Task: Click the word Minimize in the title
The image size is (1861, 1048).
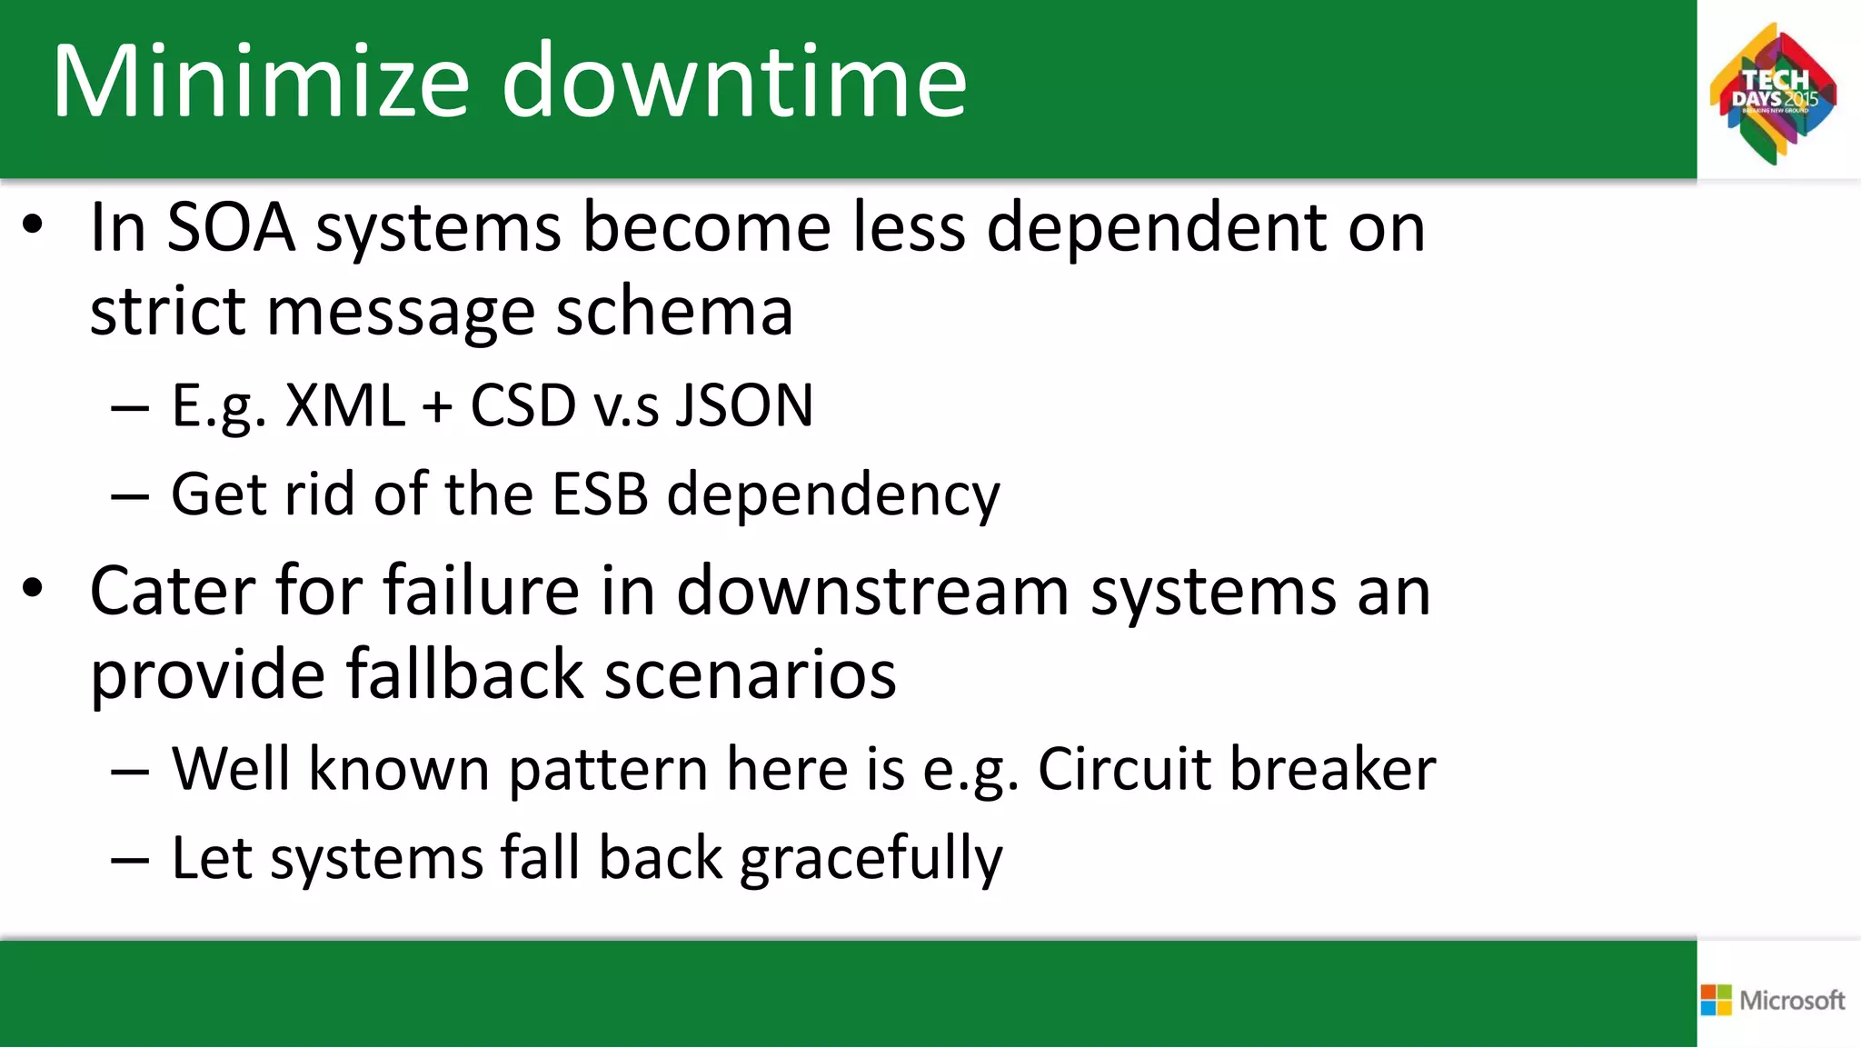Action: [261, 82]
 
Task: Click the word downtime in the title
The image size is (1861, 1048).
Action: [734, 82]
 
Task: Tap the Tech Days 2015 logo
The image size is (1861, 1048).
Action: [1773, 94]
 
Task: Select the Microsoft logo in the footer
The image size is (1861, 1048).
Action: [1773, 1000]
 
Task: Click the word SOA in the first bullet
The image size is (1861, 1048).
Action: [231, 227]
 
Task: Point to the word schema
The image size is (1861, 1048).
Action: [674, 312]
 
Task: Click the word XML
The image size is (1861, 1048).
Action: [345, 405]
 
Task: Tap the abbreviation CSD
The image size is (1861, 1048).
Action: [522, 405]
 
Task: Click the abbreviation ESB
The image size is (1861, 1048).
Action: [601, 494]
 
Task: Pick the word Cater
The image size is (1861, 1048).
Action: [173, 592]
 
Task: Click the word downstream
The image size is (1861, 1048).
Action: [872, 592]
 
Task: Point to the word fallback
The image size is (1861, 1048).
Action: [464, 674]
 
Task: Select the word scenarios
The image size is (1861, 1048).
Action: [751, 674]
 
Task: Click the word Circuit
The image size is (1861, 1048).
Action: [1123, 769]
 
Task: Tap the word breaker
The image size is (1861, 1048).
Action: [1332, 769]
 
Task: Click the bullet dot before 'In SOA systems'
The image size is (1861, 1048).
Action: [33, 225]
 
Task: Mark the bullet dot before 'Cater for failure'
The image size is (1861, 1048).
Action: [33, 589]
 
